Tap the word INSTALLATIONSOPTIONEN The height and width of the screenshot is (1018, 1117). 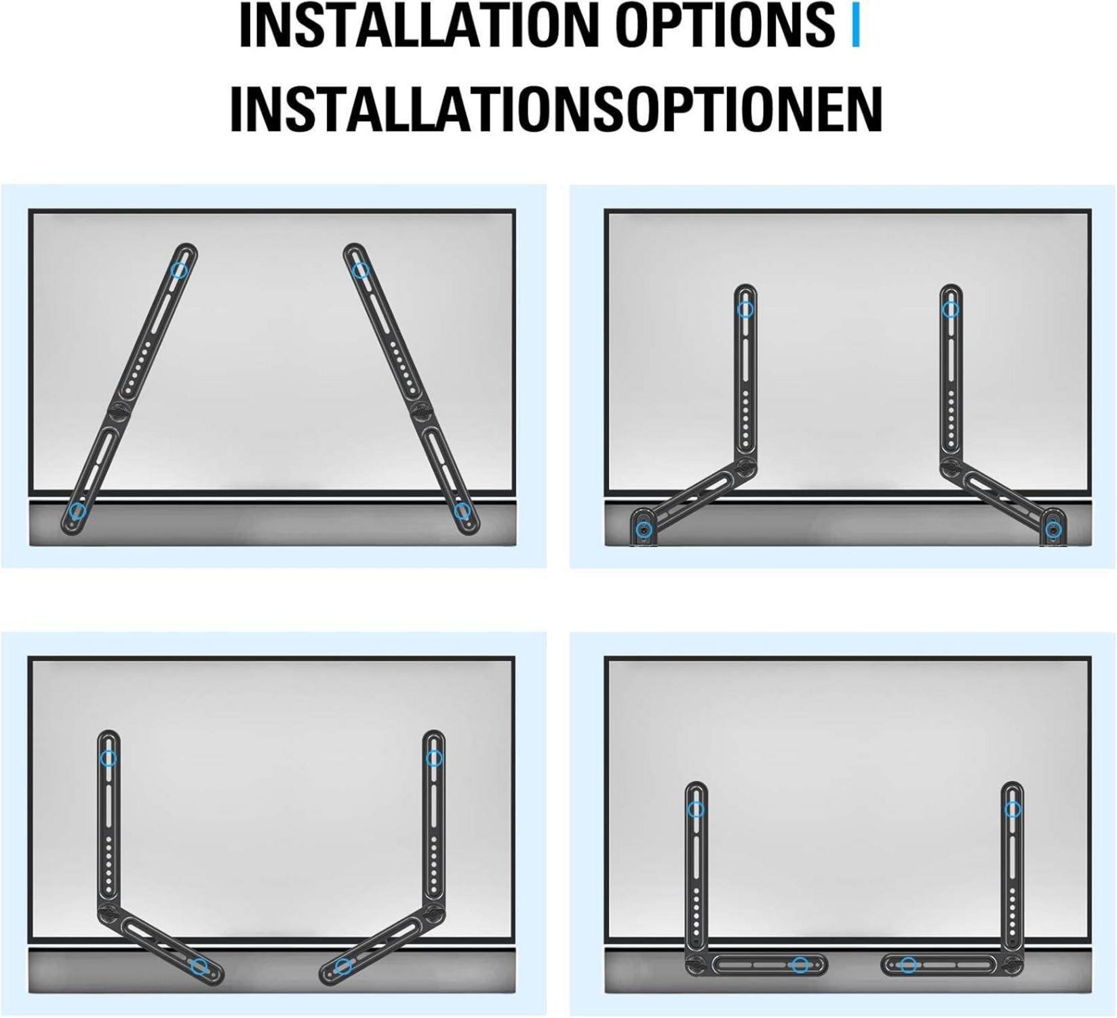(556, 109)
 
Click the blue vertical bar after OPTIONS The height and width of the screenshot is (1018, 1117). (855, 26)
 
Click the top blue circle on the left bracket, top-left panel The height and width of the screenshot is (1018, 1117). (179, 270)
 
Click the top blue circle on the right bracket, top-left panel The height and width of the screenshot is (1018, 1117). (361, 270)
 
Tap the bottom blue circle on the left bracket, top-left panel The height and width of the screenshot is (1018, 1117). (78, 511)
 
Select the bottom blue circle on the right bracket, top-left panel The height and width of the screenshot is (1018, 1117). (462, 510)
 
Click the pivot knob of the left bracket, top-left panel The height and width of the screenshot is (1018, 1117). (117, 411)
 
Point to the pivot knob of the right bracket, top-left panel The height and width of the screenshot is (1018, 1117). (421, 411)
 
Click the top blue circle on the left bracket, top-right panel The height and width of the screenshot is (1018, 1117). (745, 309)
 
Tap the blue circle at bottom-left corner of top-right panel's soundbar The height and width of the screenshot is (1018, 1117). (644, 529)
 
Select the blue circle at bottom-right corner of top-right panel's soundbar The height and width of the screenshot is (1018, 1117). (1053, 529)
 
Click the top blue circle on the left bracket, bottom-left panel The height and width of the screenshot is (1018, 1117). (109, 758)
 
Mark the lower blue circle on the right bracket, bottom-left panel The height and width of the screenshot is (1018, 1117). (344, 965)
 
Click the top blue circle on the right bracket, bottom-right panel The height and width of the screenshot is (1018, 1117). (1013, 809)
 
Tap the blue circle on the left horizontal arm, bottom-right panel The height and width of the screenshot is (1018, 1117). (800, 964)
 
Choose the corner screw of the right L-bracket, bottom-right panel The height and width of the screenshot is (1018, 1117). (1012, 963)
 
